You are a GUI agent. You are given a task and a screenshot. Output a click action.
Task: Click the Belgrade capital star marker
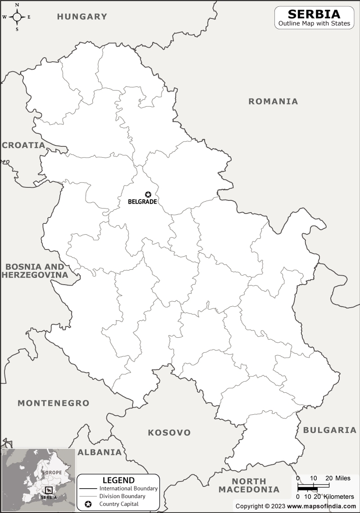point(148,195)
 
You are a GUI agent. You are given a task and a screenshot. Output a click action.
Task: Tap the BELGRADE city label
point(142,202)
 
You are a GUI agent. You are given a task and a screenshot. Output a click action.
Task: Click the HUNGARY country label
point(82,17)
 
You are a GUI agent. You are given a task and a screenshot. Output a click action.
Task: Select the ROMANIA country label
point(273,101)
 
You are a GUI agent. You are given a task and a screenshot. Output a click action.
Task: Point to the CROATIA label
point(23,145)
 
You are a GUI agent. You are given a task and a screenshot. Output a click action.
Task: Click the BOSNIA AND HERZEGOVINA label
point(35,271)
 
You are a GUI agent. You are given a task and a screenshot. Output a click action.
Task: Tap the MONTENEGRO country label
point(54,403)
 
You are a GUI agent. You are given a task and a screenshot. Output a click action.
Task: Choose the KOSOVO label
point(169,433)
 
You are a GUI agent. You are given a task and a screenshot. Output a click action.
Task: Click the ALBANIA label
point(99,452)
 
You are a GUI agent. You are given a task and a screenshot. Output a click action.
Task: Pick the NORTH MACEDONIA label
point(249,485)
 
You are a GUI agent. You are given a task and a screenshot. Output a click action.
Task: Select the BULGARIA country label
point(329,430)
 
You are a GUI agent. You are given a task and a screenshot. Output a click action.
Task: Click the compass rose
point(17,17)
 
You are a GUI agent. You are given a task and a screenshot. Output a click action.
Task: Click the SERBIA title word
point(314,14)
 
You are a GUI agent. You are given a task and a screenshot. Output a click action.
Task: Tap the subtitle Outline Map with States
point(314,23)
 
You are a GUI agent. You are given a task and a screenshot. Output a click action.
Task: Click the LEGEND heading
point(118,480)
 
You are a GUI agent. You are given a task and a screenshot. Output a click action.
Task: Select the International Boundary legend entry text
point(128,488)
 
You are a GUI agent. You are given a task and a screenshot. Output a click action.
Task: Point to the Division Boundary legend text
point(122,496)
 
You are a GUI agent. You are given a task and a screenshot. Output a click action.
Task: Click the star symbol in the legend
point(88,504)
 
